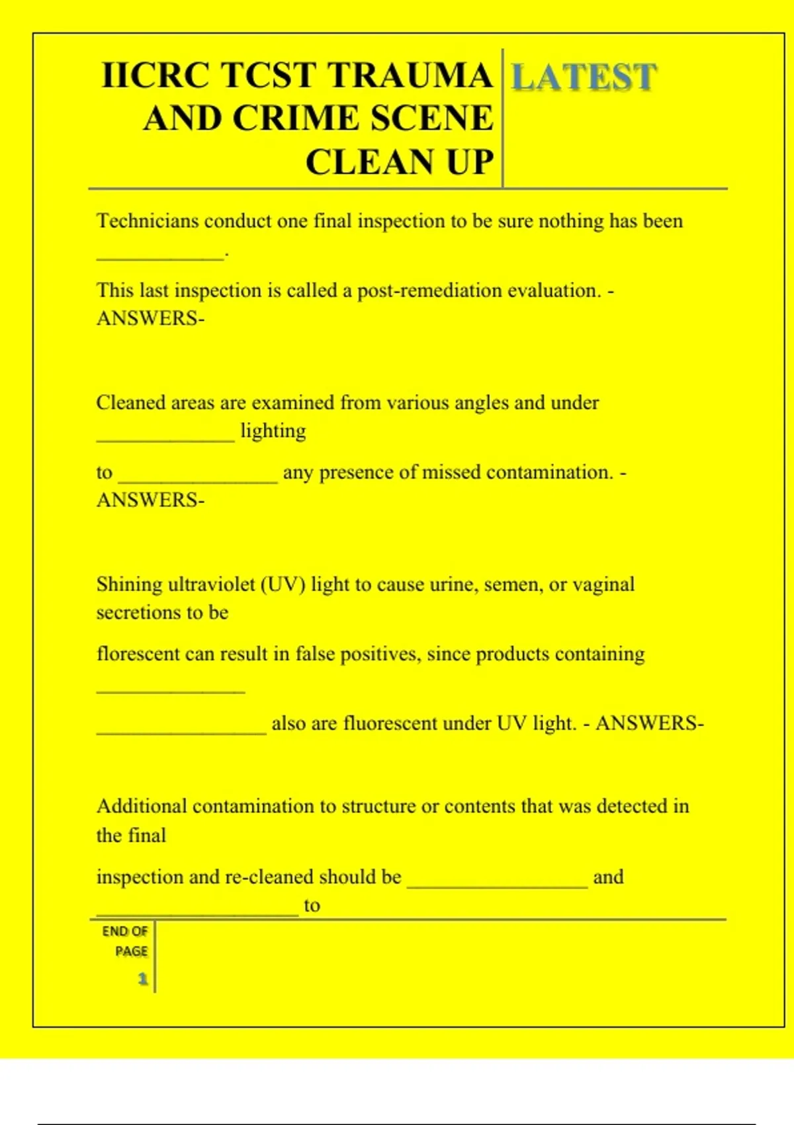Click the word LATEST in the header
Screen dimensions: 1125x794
click(584, 77)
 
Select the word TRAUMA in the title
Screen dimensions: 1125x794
click(410, 75)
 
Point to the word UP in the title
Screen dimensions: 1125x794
click(470, 162)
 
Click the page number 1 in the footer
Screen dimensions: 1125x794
click(142, 978)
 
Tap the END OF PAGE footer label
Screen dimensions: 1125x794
click(126, 940)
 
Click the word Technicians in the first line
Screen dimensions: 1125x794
click(147, 220)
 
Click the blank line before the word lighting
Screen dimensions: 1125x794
click(165, 439)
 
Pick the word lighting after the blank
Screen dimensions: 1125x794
click(273, 431)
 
